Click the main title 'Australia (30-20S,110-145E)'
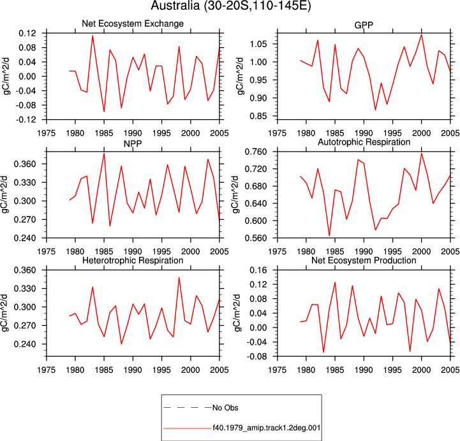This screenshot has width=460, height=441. (230, 5)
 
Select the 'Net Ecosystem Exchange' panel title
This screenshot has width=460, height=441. (133, 24)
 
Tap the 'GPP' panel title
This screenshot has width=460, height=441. (364, 25)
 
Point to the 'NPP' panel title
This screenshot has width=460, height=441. (133, 143)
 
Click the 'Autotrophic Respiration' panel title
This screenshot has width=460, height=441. (364, 142)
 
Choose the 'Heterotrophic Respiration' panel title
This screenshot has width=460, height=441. (133, 261)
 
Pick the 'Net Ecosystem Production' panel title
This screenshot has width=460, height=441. (364, 261)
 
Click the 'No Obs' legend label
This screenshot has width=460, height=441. (225, 408)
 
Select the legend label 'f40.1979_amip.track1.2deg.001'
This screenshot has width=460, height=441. (267, 428)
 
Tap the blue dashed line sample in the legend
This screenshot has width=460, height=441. (188, 408)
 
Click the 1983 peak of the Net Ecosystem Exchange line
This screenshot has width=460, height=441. (93, 36)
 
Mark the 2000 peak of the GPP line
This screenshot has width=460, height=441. (422, 34)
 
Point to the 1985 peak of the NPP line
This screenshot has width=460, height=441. (104, 154)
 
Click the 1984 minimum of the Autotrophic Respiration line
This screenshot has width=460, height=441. (329, 236)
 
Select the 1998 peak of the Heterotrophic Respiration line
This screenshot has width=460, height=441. (179, 277)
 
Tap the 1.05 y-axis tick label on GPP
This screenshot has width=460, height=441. (258, 44)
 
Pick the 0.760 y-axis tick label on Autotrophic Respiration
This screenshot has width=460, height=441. (256, 152)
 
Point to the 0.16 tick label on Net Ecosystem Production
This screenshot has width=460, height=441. (258, 270)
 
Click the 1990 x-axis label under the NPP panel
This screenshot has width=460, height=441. (133, 252)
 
